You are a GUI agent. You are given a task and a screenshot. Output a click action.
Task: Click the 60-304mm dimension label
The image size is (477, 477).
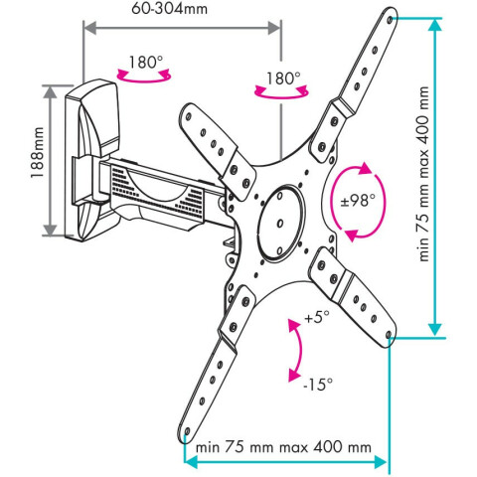click(169, 8)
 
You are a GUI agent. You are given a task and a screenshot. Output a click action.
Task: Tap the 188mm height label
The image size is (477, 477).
click(38, 153)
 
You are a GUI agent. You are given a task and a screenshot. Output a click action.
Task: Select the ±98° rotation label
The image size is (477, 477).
click(358, 201)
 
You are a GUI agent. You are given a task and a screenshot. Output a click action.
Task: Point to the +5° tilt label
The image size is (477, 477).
click(317, 317)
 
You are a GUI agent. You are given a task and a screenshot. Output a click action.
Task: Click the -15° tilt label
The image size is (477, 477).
click(318, 384)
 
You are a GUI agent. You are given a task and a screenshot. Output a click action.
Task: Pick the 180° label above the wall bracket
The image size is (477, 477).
click(146, 62)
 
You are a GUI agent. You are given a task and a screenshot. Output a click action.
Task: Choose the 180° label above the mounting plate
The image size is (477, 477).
click(283, 79)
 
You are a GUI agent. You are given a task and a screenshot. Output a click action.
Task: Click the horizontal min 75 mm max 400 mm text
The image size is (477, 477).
click(283, 447)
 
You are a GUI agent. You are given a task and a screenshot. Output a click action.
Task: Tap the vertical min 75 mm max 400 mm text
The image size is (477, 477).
click(423, 174)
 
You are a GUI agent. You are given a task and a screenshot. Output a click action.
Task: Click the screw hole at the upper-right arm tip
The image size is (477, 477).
click(390, 20)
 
